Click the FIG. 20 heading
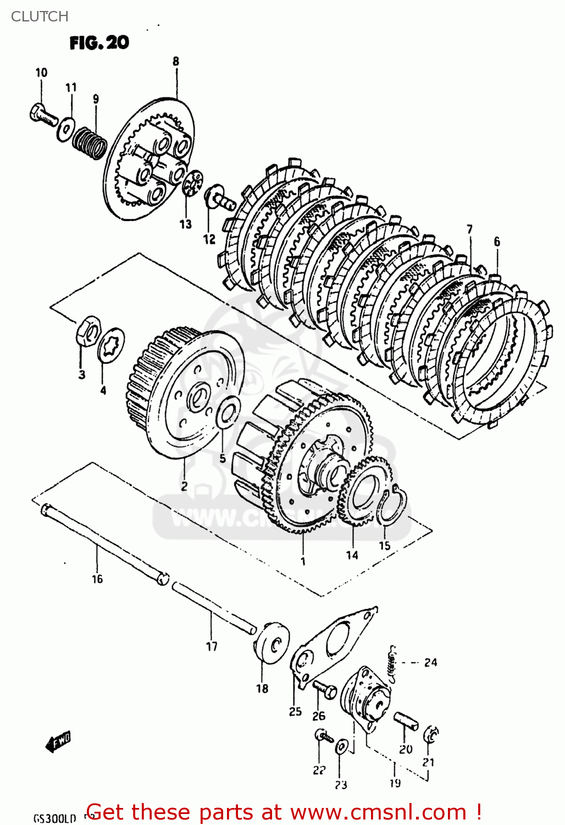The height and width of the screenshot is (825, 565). [x=99, y=42]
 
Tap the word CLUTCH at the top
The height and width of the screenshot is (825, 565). [x=40, y=16]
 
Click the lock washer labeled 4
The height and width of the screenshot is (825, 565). [x=111, y=345]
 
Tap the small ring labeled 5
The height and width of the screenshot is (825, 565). [x=228, y=413]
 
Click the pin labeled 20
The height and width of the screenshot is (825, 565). [x=406, y=721]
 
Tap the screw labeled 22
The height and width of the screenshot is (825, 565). [x=323, y=735]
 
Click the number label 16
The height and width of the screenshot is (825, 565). [x=97, y=579]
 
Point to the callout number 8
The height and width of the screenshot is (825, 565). [x=176, y=61]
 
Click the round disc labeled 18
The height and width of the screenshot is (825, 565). [x=273, y=643]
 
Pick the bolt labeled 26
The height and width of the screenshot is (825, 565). [x=324, y=689]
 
